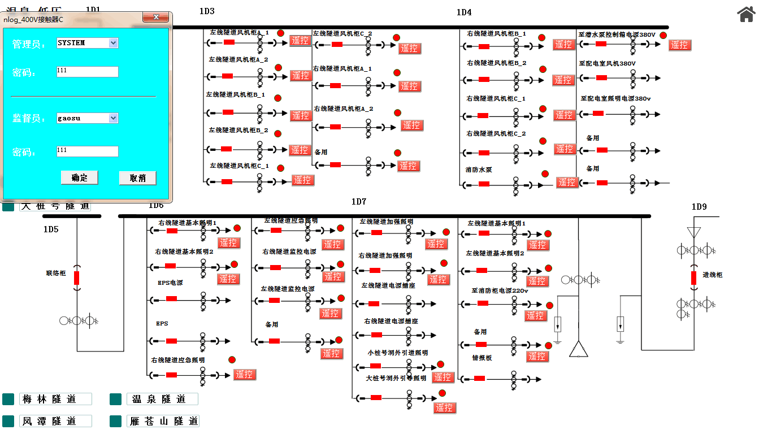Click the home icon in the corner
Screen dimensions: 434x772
click(x=746, y=14)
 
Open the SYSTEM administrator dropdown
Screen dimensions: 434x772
click(x=113, y=43)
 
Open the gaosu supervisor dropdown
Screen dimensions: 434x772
click(x=113, y=118)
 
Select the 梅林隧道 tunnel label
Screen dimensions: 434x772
click(x=55, y=400)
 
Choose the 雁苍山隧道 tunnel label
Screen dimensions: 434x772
click(x=163, y=421)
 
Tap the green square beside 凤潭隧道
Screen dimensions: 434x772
click(x=8, y=421)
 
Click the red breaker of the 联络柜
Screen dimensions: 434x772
click(x=77, y=277)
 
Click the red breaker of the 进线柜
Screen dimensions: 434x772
click(x=693, y=277)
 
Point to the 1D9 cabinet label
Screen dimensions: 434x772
click(x=699, y=207)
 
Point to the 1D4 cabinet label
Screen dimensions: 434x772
click(x=464, y=12)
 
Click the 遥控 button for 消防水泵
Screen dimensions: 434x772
click(x=567, y=182)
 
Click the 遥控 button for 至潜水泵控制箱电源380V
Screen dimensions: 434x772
click(x=679, y=45)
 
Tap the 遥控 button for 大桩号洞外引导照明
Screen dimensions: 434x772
click(x=445, y=407)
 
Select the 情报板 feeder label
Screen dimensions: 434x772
click(x=482, y=358)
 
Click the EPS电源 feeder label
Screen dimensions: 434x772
click(x=170, y=282)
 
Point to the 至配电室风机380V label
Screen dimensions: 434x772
click(x=607, y=63)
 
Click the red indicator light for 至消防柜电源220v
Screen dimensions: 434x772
click(x=549, y=305)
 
